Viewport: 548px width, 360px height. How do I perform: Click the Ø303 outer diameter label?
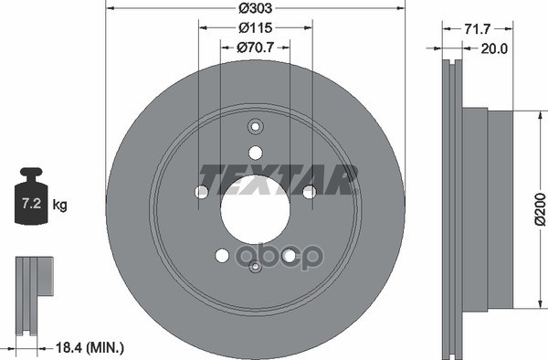pyautogui.click(x=255, y=8)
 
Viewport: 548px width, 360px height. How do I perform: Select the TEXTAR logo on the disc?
pyautogui.click(x=278, y=177)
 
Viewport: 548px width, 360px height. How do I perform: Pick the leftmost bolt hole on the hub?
pyautogui.click(x=201, y=191)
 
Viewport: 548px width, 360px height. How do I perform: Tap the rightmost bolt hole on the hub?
pyautogui.click(x=309, y=191)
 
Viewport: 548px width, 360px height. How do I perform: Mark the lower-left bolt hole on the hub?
pyautogui.click(x=221, y=257)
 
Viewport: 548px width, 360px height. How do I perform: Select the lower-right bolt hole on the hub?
pyautogui.click(x=290, y=257)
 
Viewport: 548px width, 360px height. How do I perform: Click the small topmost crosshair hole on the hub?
pyautogui.click(x=255, y=127)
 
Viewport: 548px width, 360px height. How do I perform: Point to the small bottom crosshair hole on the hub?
pyautogui.click(x=256, y=267)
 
